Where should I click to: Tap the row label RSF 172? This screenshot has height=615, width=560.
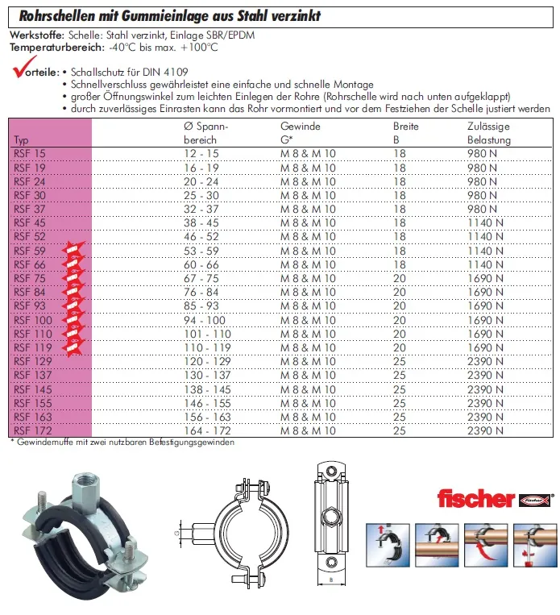(31, 430)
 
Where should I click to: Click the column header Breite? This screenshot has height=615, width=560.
(405, 127)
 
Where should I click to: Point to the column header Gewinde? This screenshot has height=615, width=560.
(300, 127)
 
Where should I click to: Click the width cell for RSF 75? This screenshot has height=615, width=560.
(400, 279)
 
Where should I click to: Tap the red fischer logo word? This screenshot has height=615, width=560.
(475, 498)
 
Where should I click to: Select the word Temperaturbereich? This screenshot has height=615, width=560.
(48, 47)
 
